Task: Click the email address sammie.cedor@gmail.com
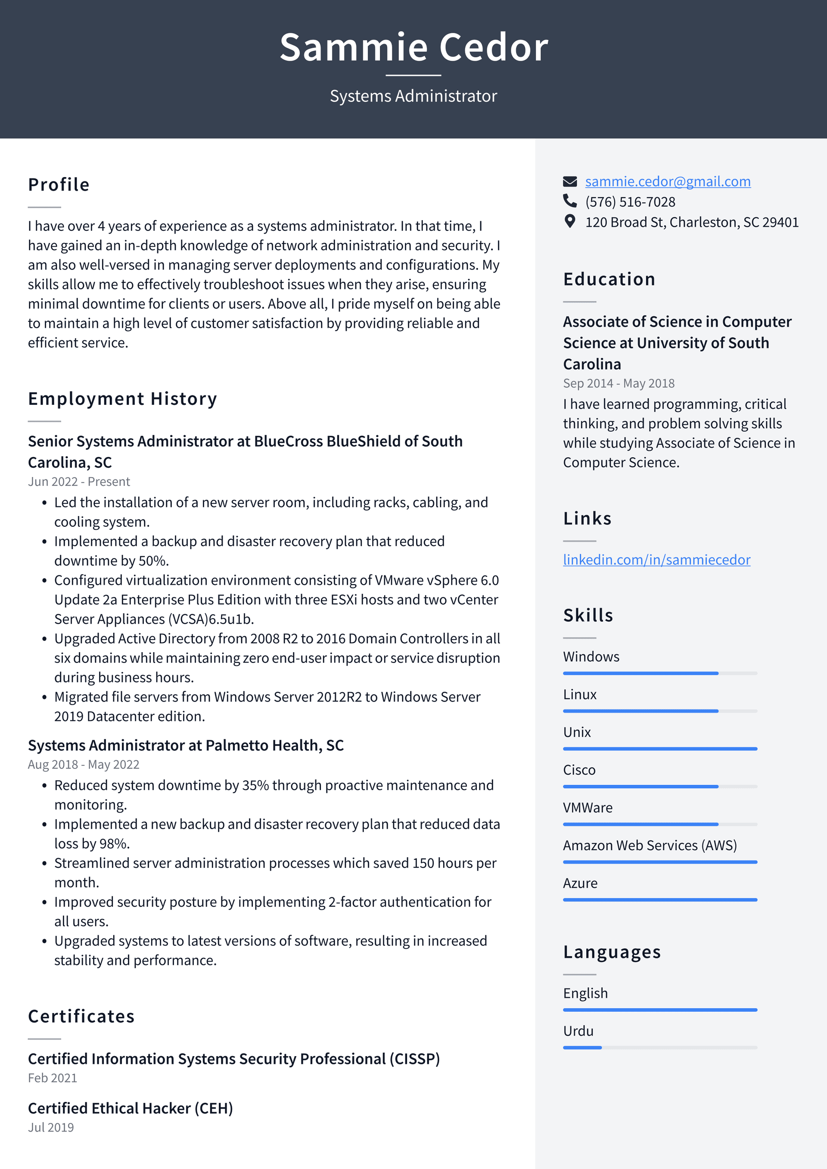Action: (667, 181)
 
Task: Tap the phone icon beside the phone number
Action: (569, 201)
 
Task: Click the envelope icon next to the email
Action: (569, 181)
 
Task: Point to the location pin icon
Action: (569, 221)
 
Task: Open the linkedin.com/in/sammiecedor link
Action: (656, 560)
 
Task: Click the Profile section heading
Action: (59, 184)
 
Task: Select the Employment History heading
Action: (122, 399)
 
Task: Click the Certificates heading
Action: (81, 1016)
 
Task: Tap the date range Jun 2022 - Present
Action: (79, 482)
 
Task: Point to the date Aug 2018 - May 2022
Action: (84, 764)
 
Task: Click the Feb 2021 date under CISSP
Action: (53, 1078)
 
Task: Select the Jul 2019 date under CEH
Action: (51, 1127)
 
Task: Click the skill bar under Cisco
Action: (659, 787)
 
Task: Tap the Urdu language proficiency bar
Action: (659, 1047)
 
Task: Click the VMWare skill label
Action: (587, 808)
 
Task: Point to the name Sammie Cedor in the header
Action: (413, 47)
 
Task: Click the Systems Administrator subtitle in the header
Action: (413, 96)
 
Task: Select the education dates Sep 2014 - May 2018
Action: (618, 383)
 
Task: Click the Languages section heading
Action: (612, 951)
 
